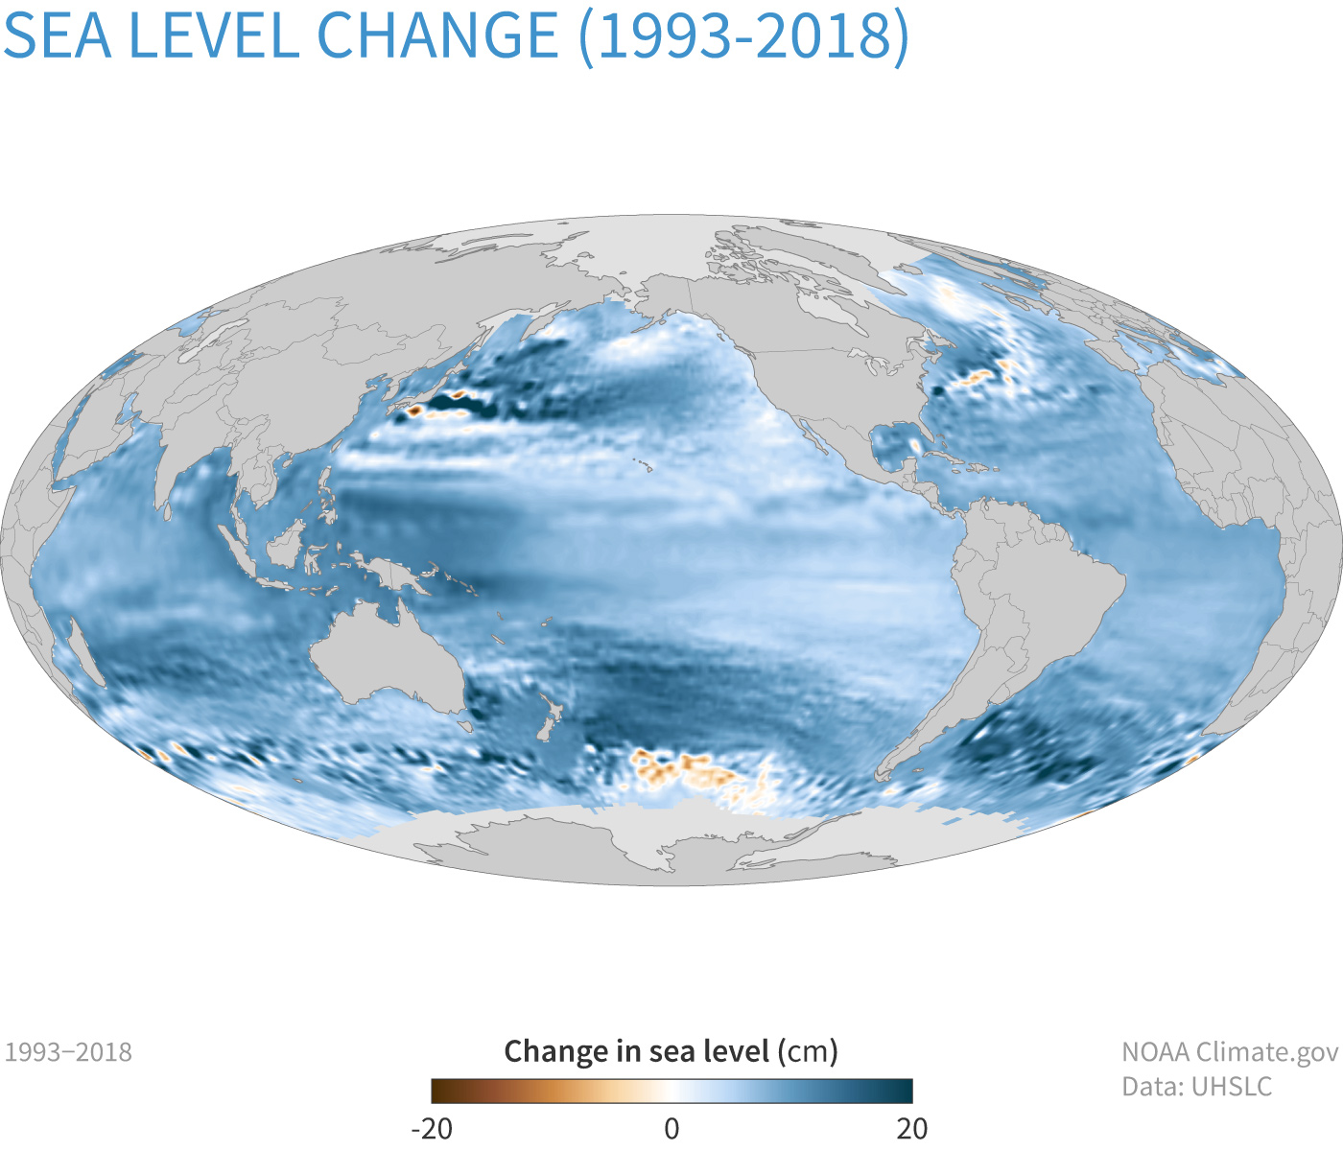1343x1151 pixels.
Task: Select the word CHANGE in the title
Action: coord(437,35)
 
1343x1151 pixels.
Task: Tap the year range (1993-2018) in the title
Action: coord(743,35)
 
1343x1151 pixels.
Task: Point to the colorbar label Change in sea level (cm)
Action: coord(671,1051)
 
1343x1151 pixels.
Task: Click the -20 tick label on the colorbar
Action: coord(431,1128)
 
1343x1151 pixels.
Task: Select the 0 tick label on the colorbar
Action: coord(671,1128)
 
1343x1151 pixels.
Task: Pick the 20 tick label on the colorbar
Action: coord(912,1128)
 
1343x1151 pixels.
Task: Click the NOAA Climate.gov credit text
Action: coord(1230,1052)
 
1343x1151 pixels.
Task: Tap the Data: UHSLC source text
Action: coord(1197,1087)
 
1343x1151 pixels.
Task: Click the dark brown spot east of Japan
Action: coord(414,411)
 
